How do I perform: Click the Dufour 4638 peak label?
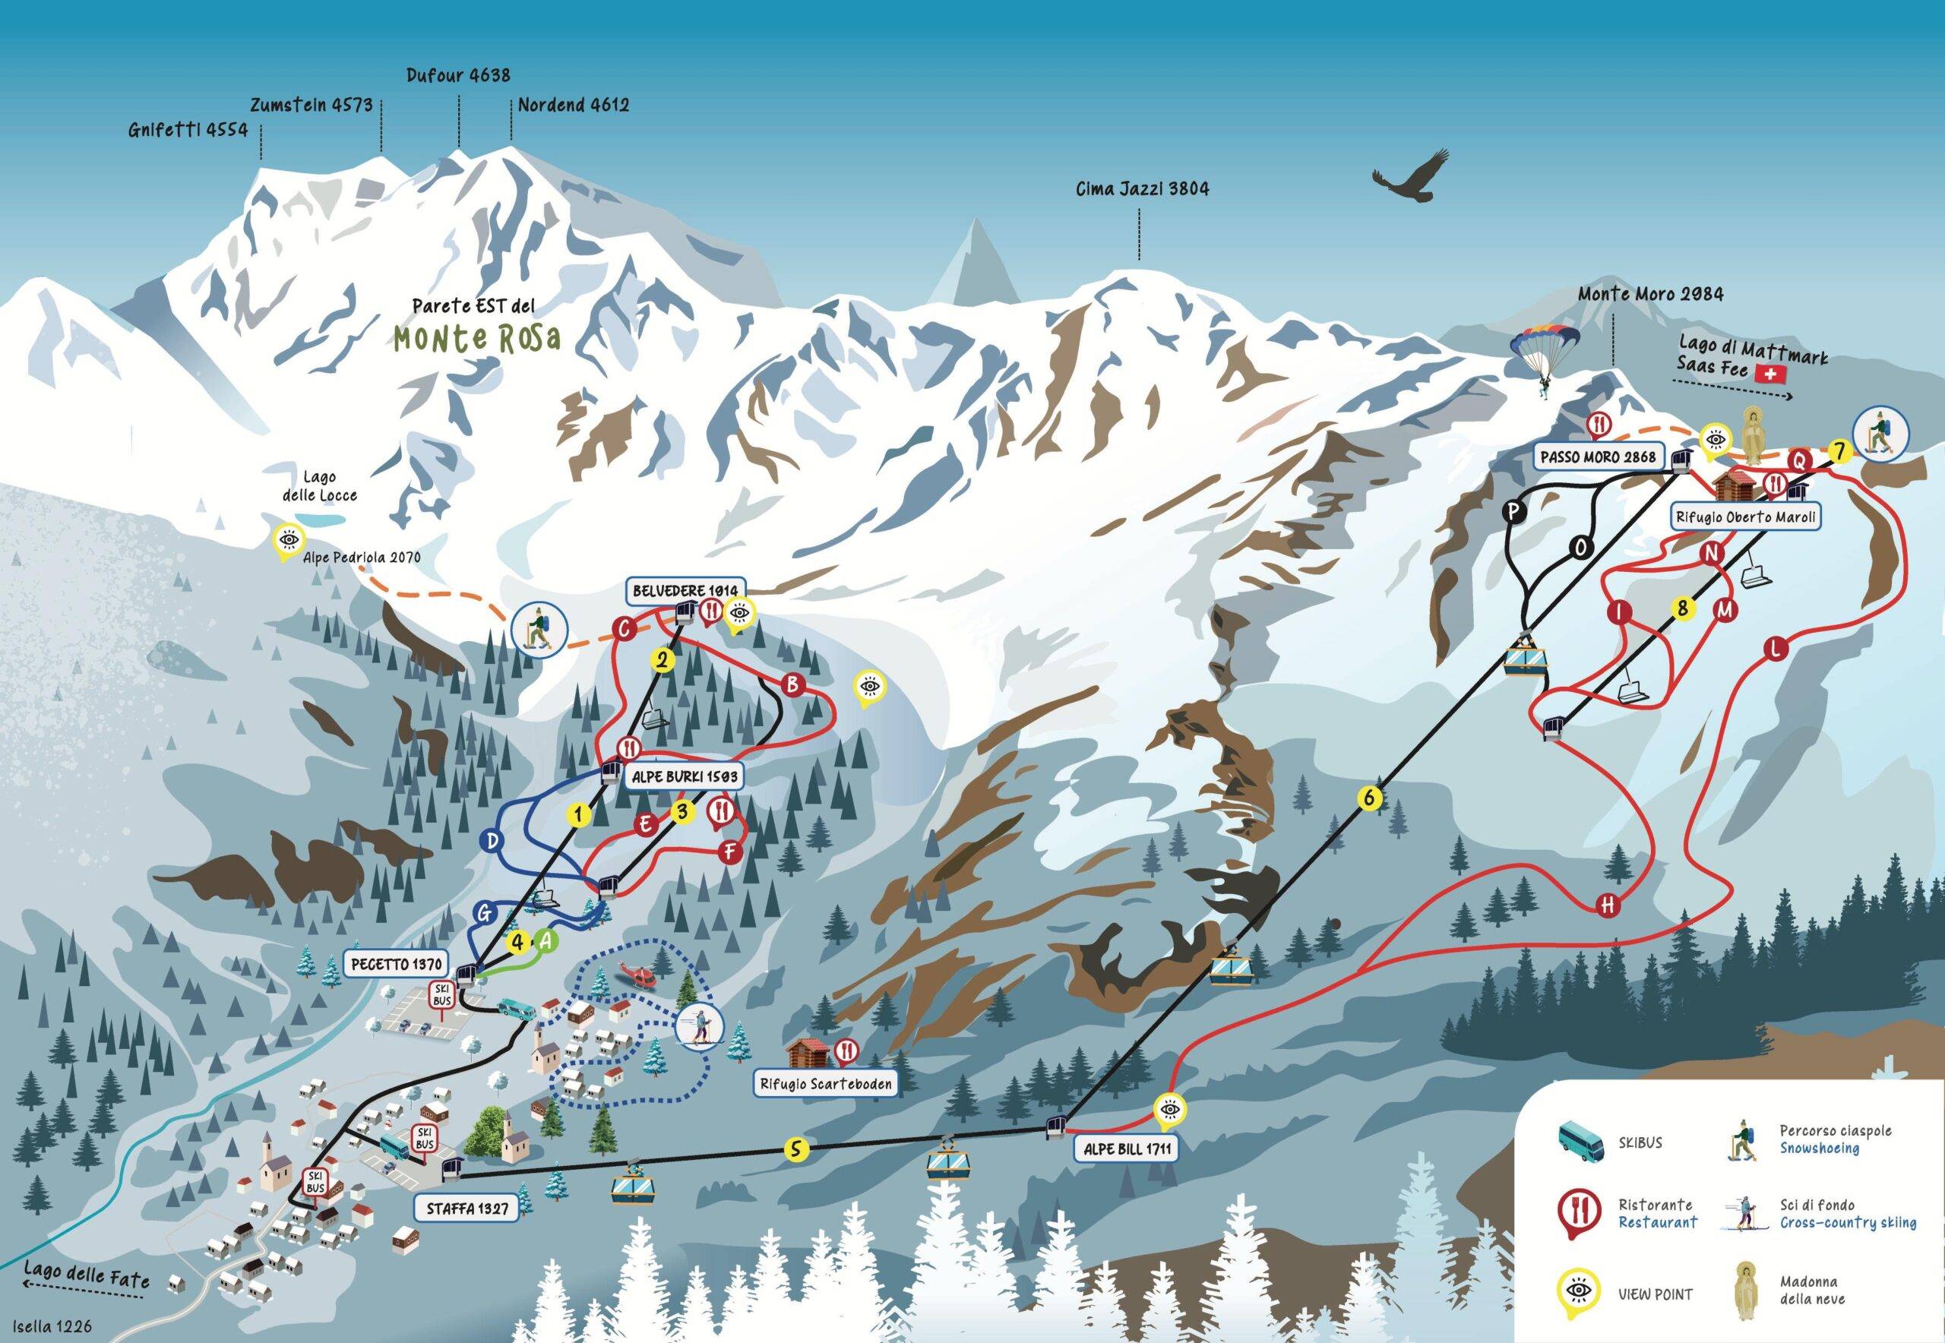click(458, 76)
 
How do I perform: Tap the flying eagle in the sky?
click(1412, 178)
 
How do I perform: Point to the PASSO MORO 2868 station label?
click(1598, 457)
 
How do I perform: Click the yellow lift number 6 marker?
click(1370, 797)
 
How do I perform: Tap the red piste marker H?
click(1608, 905)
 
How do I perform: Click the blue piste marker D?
click(492, 840)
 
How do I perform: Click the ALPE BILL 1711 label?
click(1127, 1149)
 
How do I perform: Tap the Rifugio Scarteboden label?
click(825, 1084)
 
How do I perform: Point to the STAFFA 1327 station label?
click(467, 1209)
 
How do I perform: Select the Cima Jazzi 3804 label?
click(1142, 188)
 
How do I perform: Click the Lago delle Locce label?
click(319, 486)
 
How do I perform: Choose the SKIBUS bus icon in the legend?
click(1579, 1142)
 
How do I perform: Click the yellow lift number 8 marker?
click(1682, 608)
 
